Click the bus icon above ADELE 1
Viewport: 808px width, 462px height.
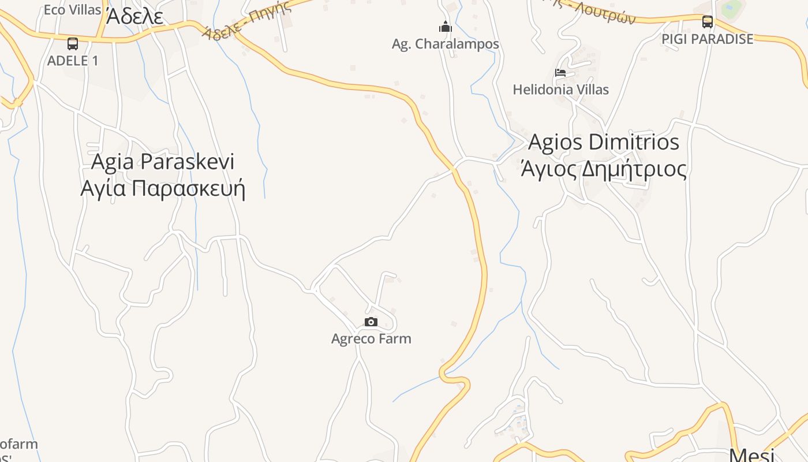click(73, 43)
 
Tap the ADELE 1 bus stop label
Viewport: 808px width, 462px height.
click(73, 61)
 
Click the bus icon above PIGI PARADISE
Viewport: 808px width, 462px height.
click(707, 22)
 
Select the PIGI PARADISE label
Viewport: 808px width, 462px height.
click(708, 39)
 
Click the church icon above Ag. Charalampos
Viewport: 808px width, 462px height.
click(445, 27)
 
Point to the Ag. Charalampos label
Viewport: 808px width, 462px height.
click(445, 44)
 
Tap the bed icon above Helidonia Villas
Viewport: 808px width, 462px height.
click(560, 73)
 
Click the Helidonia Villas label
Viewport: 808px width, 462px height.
click(560, 90)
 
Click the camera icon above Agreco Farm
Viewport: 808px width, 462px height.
click(371, 322)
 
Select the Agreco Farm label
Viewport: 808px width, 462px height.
click(371, 338)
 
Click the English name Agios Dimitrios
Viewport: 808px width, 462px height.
click(604, 142)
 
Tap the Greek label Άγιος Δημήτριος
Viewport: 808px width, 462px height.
click(604, 170)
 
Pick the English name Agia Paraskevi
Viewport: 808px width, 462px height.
click(163, 162)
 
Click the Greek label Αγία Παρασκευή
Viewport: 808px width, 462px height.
click(163, 189)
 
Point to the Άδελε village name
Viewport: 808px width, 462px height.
click(134, 17)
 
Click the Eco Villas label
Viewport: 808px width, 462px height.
click(72, 9)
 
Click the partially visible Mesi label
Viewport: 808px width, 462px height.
click(751, 454)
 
